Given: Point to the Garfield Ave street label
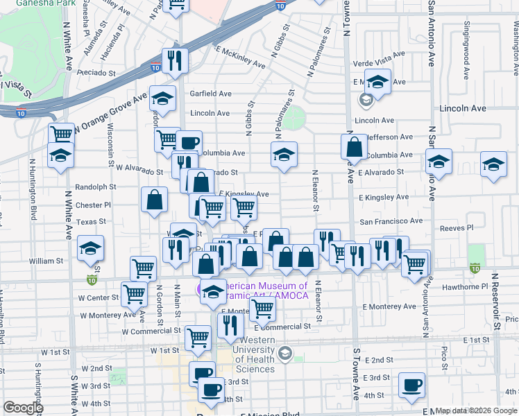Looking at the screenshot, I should [210, 94].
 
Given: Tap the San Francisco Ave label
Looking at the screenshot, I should [390, 221].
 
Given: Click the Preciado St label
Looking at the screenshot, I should [96, 72].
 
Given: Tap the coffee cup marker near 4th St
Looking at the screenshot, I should [411, 384].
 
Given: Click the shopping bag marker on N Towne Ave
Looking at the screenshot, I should [354, 147].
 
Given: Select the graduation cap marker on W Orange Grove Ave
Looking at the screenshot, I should [162, 100].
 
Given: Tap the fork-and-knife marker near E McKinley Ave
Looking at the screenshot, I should [175, 60].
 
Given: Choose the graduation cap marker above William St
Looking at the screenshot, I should [91, 248].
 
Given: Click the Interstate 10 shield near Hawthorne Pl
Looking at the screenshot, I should [475, 268].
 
